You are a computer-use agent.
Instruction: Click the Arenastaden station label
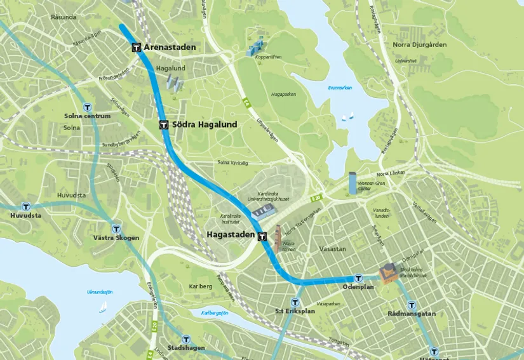pos(170,48)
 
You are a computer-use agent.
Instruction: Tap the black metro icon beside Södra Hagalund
pos(163,125)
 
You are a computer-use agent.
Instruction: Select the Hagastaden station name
pos(231,235)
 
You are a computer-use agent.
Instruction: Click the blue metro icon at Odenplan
pos(358,278)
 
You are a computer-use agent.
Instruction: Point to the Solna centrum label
pos(87,116)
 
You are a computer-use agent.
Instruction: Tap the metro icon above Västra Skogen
pos(116,229)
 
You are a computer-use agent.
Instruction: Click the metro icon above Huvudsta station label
pos(25,206)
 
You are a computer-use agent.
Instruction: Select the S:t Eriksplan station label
pos(295,312)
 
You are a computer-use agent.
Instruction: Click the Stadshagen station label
pos(185,349)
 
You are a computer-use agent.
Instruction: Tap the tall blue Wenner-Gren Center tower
pos(353,183)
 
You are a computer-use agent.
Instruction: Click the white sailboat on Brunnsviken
pos(347,117)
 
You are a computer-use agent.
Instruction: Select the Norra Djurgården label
pos(419,44)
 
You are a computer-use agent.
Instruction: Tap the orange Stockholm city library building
pos(388,273)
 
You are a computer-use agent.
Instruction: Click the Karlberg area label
pos(201,286)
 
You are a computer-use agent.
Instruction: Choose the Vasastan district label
pos(333,249)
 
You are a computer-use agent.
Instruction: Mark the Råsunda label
pos(64,17)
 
